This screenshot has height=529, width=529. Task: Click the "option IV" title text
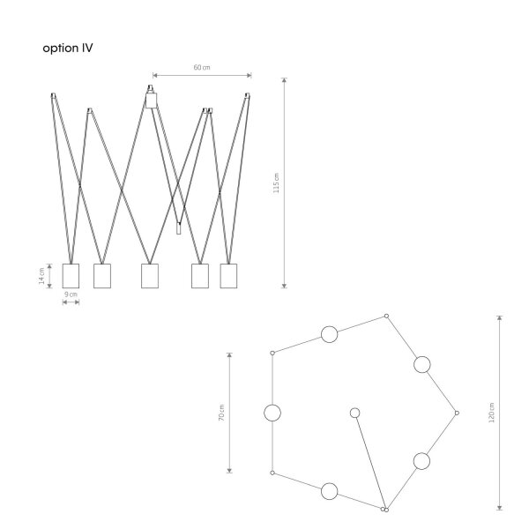(x=68, y=48)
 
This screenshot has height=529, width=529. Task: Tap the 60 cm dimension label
(x=202, y=68)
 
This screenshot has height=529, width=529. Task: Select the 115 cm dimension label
(x=276, y=183)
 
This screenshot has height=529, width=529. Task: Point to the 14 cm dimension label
(x=41, y=276)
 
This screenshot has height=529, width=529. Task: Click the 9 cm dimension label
(x=71, y=294)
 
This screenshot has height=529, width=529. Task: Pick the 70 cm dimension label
(x=221, y=413)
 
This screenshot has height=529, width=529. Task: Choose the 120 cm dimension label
(x=491, y=413)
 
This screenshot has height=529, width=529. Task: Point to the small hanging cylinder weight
(x=178, y=228)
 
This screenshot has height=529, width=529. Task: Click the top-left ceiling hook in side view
(x=53, y=95)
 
